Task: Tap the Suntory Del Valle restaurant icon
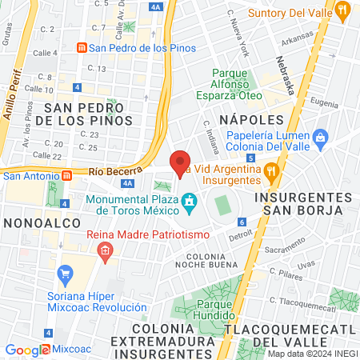(344, 10)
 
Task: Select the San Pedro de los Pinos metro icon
(81, 48)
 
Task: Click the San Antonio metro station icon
(68, 175)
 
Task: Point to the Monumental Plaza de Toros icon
(190, 200)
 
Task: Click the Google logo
(27, 350)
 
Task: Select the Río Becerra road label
(115, 171)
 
